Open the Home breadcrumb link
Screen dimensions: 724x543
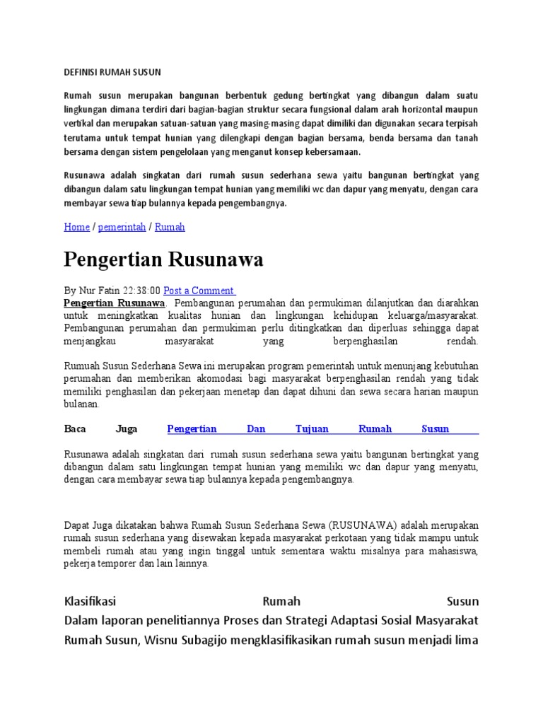[76, 227]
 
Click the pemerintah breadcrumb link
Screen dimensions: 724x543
[122, 227]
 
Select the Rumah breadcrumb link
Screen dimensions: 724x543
[170, 227]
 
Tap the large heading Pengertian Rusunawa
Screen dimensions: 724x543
[163, 259]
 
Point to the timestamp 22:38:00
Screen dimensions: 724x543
[141, 291]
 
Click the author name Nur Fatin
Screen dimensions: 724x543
[99, 291]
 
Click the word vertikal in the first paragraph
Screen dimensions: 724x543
[80, 124]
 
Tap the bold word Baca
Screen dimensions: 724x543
[74, 428]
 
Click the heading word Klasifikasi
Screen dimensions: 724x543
[90, 602]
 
